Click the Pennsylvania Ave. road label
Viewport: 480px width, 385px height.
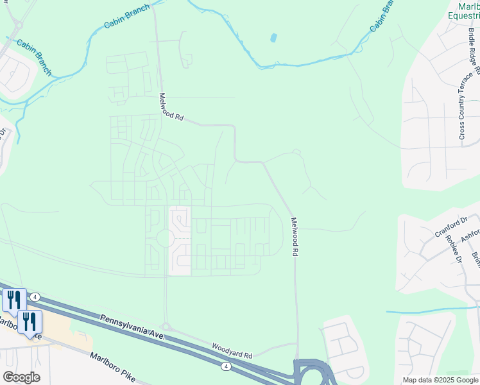point(133,327)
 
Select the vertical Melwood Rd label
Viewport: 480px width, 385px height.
point(295,237)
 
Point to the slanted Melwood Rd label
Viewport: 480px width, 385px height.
point(171,107)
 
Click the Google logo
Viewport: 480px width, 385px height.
point(21,377)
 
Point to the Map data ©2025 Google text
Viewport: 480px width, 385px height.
point(440,380)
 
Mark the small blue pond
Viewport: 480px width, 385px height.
point(274,38)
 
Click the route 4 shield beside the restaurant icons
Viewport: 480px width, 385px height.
point(35,297)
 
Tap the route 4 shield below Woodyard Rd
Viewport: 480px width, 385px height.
point(226,366)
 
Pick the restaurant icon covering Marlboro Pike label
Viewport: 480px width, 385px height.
point(30,322)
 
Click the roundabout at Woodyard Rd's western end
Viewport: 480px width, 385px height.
point(166,327)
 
